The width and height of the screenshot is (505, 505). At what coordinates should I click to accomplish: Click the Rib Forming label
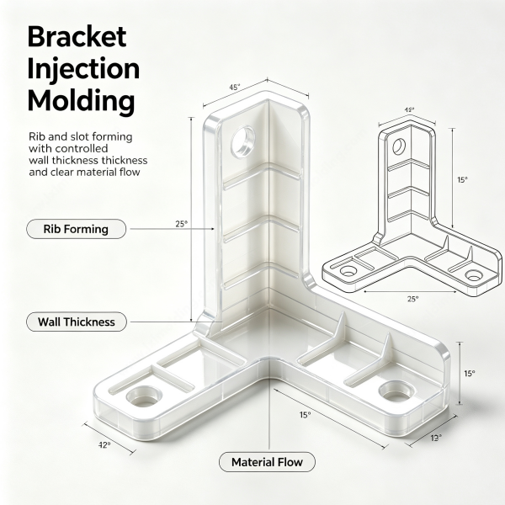pos(76,229)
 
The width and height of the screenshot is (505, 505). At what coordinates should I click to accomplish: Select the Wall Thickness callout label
pos(77,322)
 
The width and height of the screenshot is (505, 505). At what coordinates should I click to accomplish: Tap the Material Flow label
pos(267,462)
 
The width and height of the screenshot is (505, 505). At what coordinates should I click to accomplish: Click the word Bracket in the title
pos(77,37)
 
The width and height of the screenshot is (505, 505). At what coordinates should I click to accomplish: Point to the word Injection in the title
pos(83,69)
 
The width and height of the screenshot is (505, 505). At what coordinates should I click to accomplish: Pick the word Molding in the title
pos(81,100)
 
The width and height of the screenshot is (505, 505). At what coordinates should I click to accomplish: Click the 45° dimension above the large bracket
pos(235,87)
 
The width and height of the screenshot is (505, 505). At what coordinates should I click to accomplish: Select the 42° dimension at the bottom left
pos(104,445)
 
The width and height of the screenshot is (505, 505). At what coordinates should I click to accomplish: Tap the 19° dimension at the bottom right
pos(436,438)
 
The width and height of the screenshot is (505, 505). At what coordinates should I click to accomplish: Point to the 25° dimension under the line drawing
pos(413,299)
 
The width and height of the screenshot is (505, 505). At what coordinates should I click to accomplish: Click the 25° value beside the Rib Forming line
pos(181,224)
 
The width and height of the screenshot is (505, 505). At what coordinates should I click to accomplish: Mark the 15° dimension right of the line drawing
pos(462,180)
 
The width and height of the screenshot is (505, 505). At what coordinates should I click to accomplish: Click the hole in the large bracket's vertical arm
pos(243,142)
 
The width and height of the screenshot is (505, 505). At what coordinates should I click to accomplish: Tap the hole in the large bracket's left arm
pos(144,396)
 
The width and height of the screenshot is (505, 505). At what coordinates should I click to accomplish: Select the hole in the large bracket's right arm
pos(396,391)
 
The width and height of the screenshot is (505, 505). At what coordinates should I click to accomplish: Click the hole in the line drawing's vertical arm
pos(399,146)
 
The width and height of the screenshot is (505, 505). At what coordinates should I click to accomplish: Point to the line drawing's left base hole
pos(348,271)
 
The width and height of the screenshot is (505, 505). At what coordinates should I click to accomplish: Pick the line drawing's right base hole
pos(474,276)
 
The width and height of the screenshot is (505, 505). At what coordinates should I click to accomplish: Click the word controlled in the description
pos(82,148)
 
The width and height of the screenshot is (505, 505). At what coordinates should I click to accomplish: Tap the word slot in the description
pos(80,136)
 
